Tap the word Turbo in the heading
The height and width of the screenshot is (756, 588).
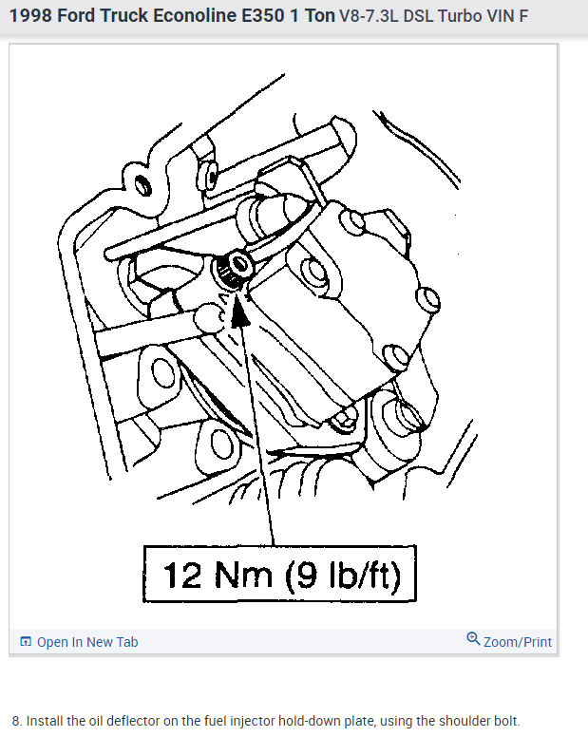coord(460,18)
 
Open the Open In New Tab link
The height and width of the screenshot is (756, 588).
coord(87,642)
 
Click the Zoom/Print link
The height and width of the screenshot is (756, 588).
coord(517,642)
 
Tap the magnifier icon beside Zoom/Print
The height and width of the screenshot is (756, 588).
coord(473,639)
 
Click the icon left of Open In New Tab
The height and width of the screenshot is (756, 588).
coord(26,642)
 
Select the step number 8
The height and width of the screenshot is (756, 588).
coord(16,721)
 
